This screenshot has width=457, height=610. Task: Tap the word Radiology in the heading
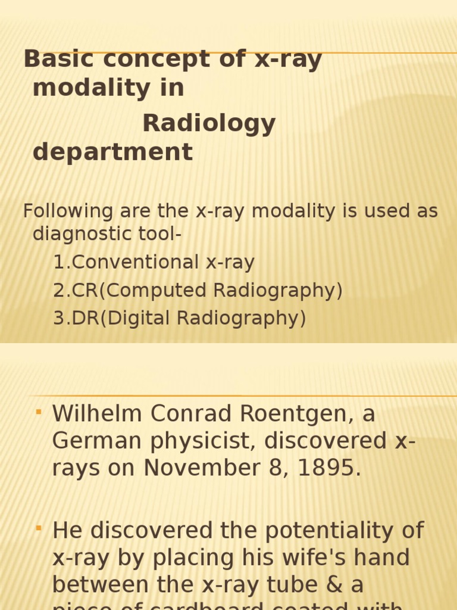click(209, 124)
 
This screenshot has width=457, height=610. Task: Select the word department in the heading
click(112, 152)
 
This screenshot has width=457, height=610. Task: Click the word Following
click(68, 211)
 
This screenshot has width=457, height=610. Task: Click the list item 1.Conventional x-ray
click(154, 262)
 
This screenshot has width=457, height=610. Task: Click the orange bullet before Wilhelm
click(39, 412)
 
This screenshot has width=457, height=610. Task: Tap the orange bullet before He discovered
click(39, 528)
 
